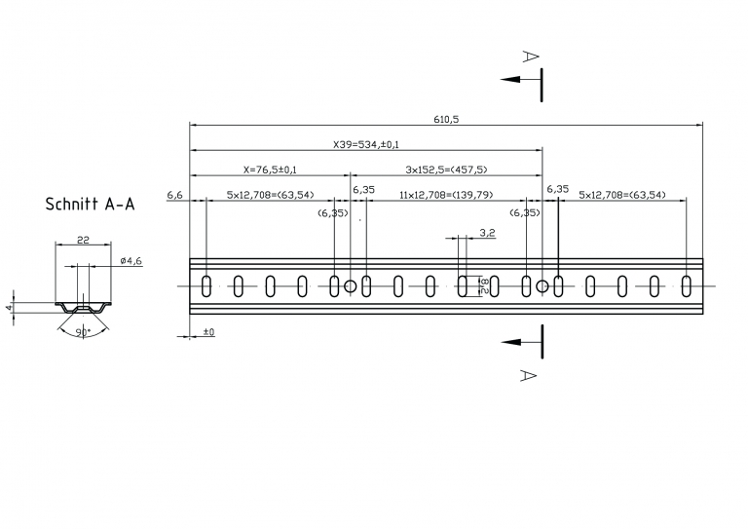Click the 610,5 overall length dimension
pyautogui.click(x=446, y=119)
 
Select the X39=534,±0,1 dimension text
pyautogui.click(x=366, y=144)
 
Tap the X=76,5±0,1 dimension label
pyautogui.click(x=270, y=170)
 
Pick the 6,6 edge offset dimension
pyautogui.click(x=174, y=195)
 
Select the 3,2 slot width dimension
pyautogui.click(x=487, y=233)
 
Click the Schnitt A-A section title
pyautogui.click(x=91, y=205)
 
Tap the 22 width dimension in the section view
pyautogui.click(x=83, y=240)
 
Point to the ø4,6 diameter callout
pyautogui.click(x=131, y=260)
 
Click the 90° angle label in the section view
pyautogui.click(x=83, y=332)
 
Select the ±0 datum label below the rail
pyautogui.click(x=209, y=332)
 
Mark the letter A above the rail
pyautogui.click(x=531, y=57)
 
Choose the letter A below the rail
pyautogui.click(x=528, y=375)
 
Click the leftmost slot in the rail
pyautogui.click(x=206, y=286)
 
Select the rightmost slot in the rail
pyautogui.click(x=686, y=286)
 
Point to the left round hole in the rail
pyautogui.click(x=351, y=286)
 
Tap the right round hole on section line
pyautogui.click(x=542, y=286)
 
